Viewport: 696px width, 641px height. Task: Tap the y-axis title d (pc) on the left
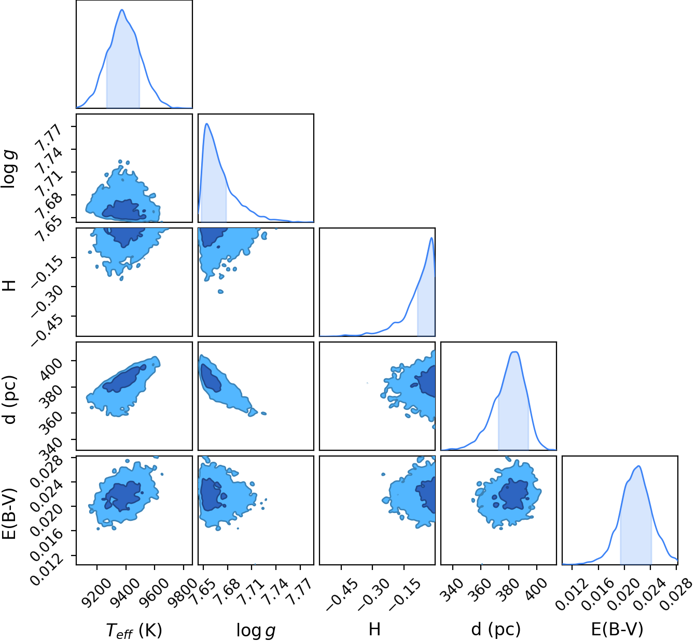[x=10, y=400]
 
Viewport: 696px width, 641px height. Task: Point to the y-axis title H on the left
[x=9, y=286]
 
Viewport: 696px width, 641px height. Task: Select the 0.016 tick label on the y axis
[x=47, y=541]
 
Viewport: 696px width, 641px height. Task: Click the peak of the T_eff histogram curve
[x=122, y=9]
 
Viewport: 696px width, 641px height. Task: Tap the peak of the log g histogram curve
[x=207, y=123]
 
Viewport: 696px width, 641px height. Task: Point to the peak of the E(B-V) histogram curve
[x=638, y=466]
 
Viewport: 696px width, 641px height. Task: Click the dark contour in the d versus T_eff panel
[x=124, y=379]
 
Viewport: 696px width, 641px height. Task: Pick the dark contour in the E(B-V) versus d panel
[x=513, y=494]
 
